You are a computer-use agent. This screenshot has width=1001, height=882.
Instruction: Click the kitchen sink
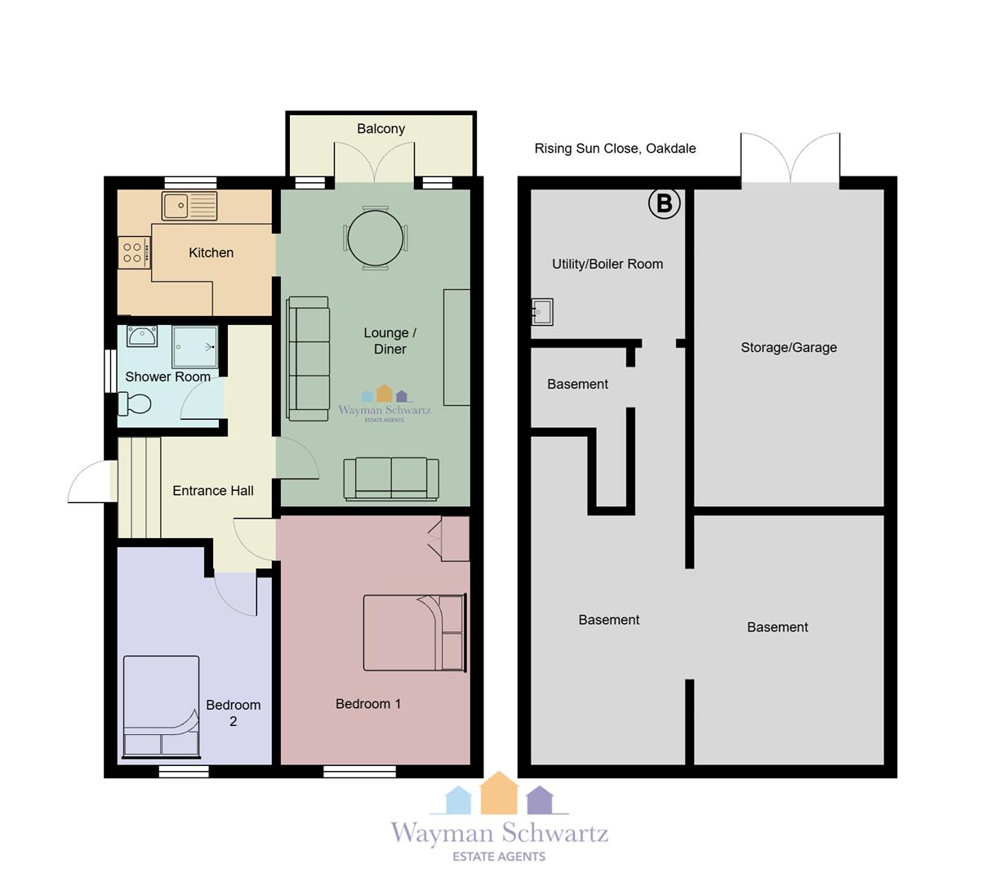pos(189,206)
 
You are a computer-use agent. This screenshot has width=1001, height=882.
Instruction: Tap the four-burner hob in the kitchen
pos(134,252)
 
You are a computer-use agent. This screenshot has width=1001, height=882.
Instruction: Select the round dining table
pos(376,238)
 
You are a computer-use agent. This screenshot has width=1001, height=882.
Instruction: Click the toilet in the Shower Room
pos(135,403)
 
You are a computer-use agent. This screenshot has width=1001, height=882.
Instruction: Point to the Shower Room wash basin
pos(142,336)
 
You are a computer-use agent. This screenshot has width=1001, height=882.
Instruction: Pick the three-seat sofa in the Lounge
pos(308,359)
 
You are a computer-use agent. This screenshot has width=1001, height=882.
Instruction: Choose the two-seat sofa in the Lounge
pos(391,479)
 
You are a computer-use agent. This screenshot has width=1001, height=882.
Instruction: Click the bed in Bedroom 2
pos(162,707)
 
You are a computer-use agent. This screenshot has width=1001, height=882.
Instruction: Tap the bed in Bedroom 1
pos(415,632)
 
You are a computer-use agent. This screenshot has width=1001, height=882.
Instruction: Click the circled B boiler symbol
pos(664,203)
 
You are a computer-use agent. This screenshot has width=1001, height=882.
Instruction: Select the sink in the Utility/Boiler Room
pos(542,312)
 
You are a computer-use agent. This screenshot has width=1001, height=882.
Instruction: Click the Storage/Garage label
pos(789,347)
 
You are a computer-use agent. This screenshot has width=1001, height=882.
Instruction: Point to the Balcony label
pos(381,129)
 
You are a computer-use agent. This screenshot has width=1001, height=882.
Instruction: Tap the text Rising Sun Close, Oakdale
pos(615,149)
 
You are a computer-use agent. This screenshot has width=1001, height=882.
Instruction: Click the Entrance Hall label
pos(213,491)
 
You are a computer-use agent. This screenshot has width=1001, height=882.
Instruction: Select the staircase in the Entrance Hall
pos(140,488)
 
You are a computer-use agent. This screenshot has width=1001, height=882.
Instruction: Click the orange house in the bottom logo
pos(499,793)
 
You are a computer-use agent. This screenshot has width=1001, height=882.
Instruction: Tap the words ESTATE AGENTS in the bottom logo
pos(499,857)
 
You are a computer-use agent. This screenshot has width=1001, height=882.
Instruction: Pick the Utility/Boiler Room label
pos(607,265)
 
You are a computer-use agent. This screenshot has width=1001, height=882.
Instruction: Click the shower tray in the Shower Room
pos(194,346)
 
